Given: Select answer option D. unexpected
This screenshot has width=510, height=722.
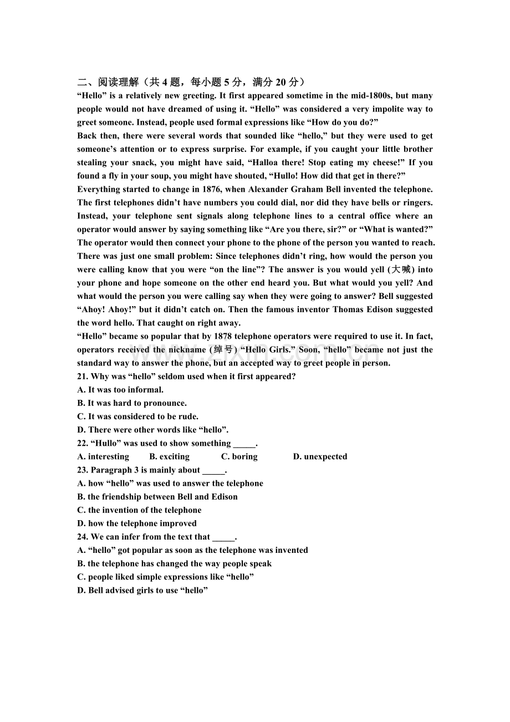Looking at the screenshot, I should click(320, 456).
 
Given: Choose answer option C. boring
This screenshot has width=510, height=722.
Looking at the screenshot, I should click(239, 456).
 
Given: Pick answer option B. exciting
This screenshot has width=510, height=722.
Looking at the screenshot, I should click(169, 456).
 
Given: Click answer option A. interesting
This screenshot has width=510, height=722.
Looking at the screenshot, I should click(103, 456).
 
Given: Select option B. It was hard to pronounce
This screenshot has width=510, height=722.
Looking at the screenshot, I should click(132, 403).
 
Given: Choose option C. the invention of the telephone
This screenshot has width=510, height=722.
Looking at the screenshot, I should click(139, 510).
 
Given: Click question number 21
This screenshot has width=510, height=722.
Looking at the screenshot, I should click(83, 377).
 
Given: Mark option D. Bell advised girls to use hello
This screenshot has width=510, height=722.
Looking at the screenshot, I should click(142, 590).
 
